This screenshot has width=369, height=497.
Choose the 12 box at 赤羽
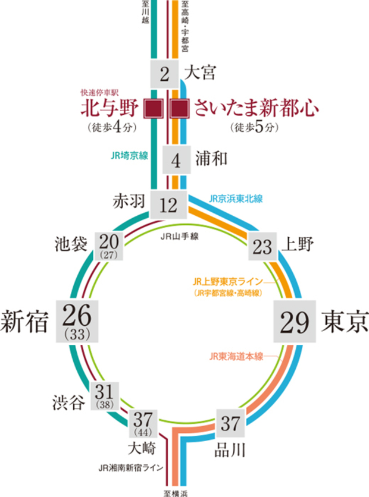pos(169,205)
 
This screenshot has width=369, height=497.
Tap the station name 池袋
pos(71,244)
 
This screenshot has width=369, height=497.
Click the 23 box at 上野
pos(262,246)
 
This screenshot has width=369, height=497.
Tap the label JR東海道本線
pos(236,356)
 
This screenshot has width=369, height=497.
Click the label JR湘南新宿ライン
pos(130,468)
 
